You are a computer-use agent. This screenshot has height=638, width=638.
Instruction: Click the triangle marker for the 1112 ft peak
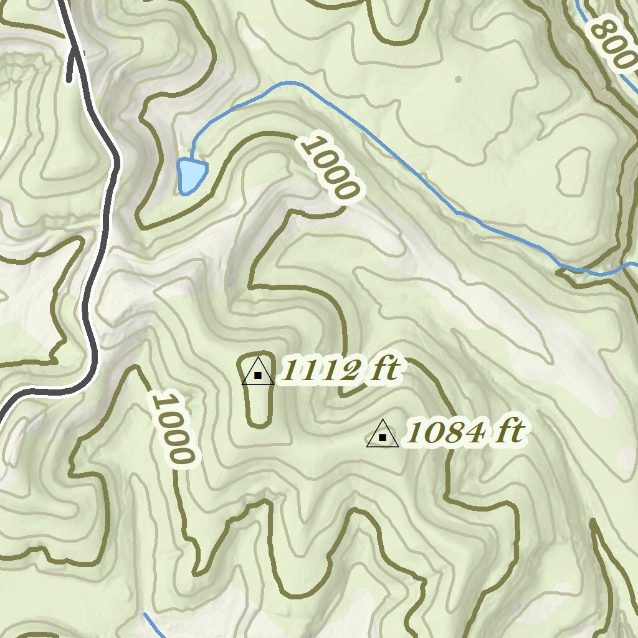coord(257,372)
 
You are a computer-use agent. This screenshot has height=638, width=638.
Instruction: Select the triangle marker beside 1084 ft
coord(383,435)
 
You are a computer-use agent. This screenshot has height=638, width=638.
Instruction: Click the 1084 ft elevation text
coord(464,432)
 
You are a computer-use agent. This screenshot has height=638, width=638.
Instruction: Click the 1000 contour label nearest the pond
coord(329,167)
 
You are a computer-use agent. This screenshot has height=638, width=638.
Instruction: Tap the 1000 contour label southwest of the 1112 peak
coord(172,427)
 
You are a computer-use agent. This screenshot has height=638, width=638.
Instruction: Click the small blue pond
coord(190,174)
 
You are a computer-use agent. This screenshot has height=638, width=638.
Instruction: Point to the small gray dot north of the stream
coord(459,79)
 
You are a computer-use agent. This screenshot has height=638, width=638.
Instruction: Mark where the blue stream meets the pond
coord(192,159)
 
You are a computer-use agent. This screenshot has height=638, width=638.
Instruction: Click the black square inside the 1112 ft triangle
coord(257,375)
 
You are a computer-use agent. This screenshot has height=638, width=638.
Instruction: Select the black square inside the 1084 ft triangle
coord(383,438)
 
